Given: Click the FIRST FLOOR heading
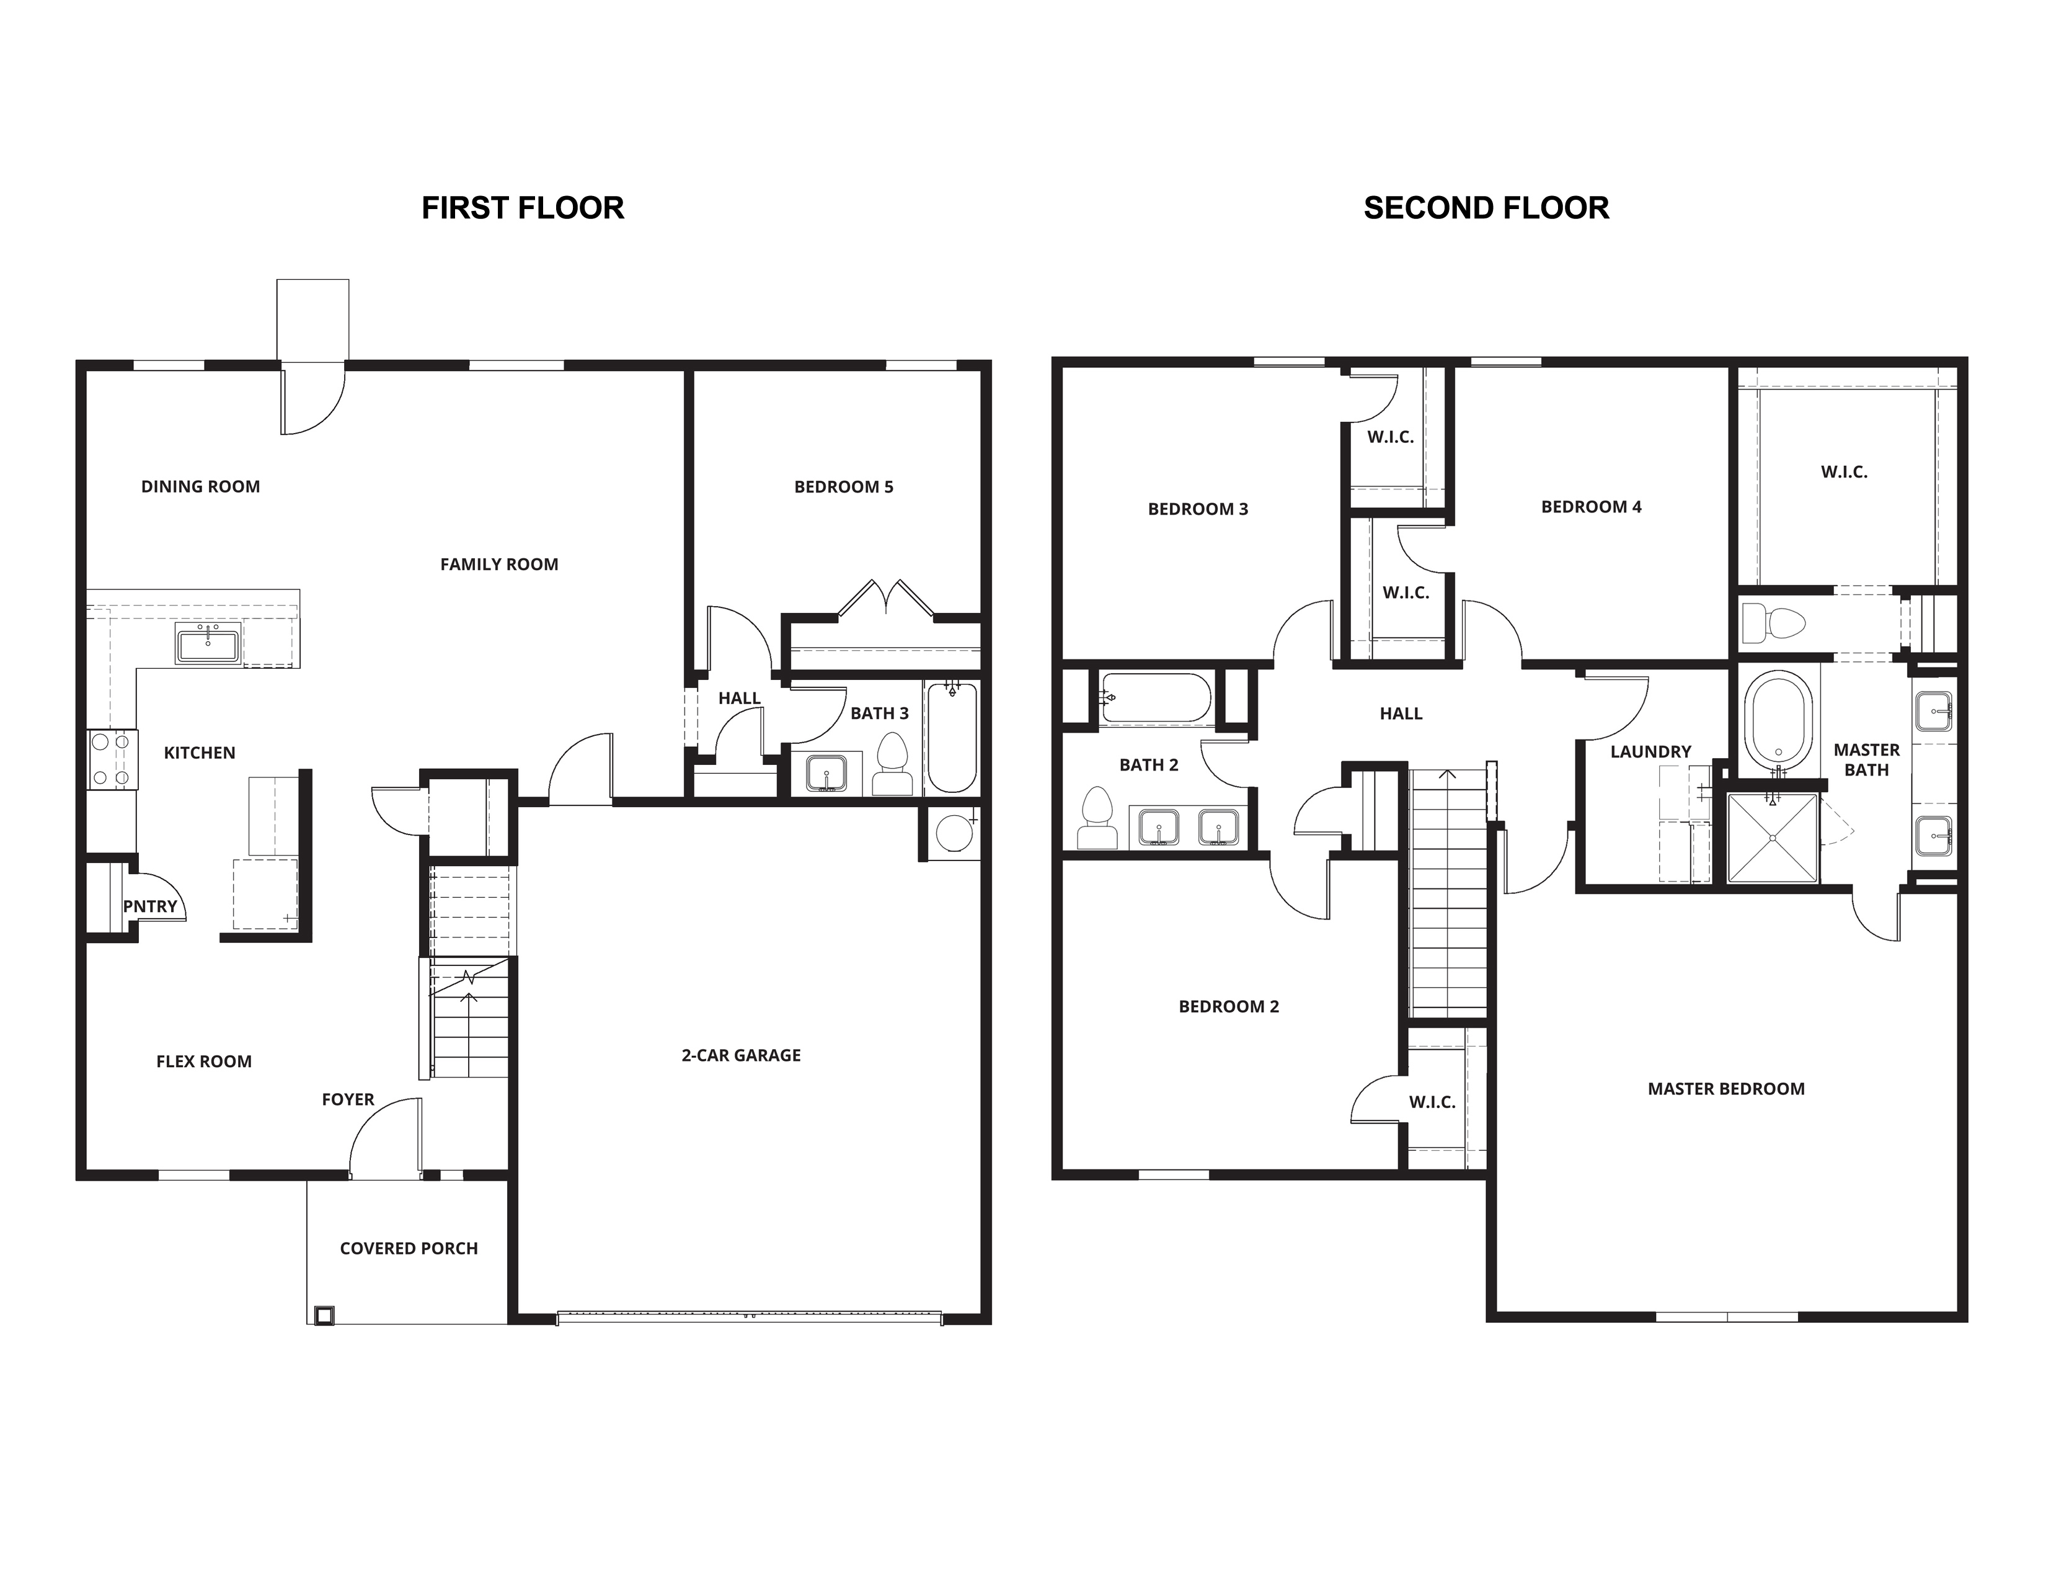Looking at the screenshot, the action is pos(523,208).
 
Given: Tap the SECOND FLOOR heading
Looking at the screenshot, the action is pos(1486,208).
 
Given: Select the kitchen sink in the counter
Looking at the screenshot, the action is pos(208,645).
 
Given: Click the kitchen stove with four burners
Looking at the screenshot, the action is pos(112,759).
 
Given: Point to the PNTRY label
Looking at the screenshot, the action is pos(150,906).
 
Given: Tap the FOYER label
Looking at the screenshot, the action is pos(348,1099).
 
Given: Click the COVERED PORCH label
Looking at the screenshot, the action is pos(409,1248).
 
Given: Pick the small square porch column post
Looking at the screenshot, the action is pos(323,1315).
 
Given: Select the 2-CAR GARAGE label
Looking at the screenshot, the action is pos(741,1055).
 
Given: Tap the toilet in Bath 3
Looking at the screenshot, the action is pos(893,764).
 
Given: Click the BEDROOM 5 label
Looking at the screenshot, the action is pos(843,486).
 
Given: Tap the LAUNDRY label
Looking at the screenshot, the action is pos(1650,752).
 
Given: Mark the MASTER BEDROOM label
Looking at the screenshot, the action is pos(1725,1089).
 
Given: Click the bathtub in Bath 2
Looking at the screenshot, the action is pos(1156,697).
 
